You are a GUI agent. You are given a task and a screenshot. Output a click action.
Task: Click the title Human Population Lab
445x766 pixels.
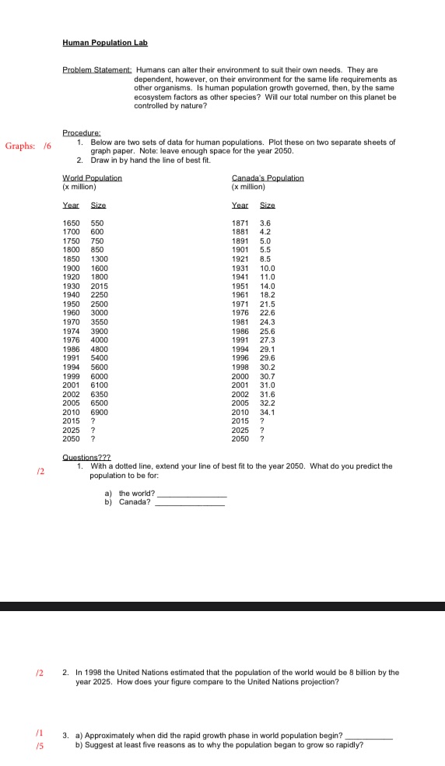(105, 42)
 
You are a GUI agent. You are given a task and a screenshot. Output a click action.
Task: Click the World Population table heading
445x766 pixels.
(92, 178)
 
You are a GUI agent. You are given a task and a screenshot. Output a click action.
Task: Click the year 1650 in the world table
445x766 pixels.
(70, 223)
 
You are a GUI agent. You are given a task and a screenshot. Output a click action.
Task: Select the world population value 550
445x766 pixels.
(97, 223)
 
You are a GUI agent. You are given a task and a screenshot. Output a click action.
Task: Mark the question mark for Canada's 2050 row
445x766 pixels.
(263, 438)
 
